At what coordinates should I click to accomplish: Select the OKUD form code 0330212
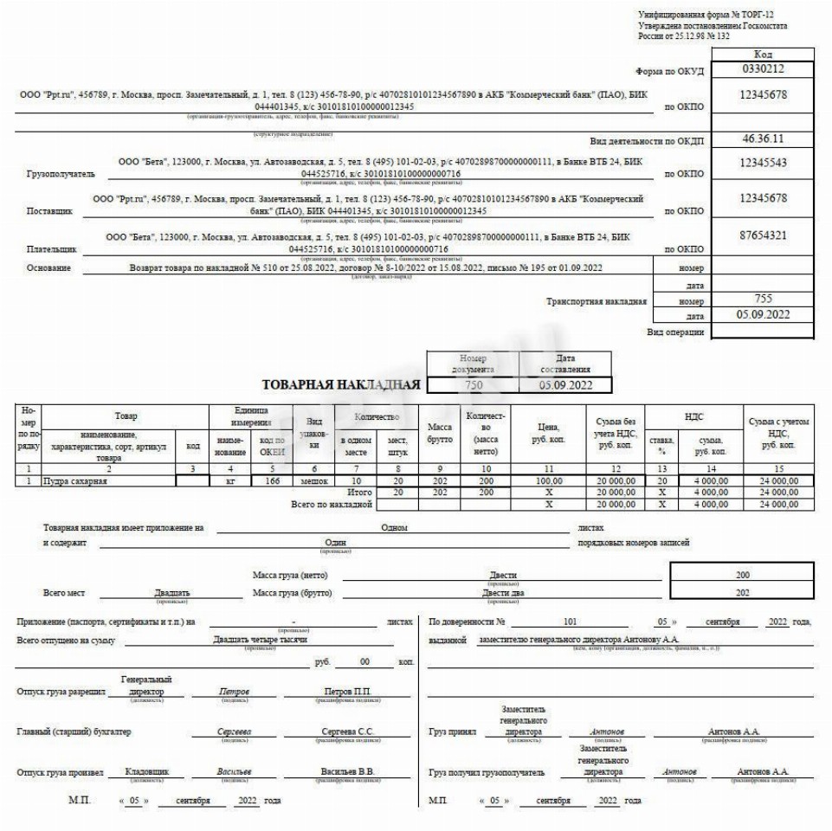pyautogui.click(x=762, y=68)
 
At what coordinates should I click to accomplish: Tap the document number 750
pyautogui.click(x=473, y=384)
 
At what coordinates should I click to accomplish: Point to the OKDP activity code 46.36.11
pyautogui.click(x=762, y=138)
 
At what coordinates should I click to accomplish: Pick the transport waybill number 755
pyautogui.click(x=762, y=300)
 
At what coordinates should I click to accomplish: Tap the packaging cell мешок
pyautogui.click(x=313, y=480)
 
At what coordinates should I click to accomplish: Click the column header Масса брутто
pyautogui.click(x=440, y=433)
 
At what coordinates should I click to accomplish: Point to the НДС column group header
pyautogui.click(x=694, y=417)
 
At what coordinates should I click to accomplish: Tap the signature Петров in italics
pyautogui.click(x=234, y=692)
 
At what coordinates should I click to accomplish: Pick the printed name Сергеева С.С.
pyautogui.click(x=348, y=732)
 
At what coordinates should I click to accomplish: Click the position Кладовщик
pyautogui.click(x=147, y=771)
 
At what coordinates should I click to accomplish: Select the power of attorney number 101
pyautogui.click(x=569, y=622)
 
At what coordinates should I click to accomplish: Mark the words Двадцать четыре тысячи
pyautogui.click(x=260, y=640)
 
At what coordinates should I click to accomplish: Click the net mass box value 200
pyautogui.click(x=742, y=575)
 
